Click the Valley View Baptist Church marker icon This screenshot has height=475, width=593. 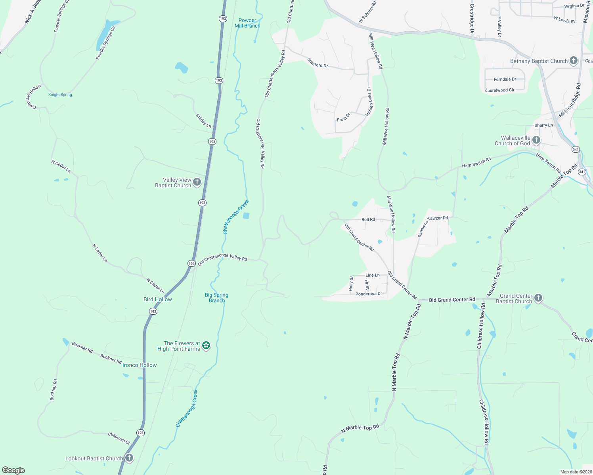coord(197,182)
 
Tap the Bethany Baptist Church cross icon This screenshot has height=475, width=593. coord(573,61)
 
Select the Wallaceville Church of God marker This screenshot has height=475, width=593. coord(536,140)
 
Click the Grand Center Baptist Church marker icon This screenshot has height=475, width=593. coord(538,298)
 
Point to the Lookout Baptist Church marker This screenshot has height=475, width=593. coord(129,458)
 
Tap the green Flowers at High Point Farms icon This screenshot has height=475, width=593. coord(206,346)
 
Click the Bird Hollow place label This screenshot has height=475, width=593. coord(158,299)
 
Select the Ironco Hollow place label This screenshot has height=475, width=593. coord(140,365)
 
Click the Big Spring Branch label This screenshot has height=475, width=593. coord(216,298)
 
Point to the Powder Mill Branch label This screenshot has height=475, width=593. coord(247,23)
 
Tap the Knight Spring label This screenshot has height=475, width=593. coord(60,95)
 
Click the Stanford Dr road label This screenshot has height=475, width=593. coord(318,63)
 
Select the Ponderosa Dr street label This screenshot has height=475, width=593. coord(369,294)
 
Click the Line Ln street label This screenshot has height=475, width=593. coord(372,275)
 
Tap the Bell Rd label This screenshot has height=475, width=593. coord(368,219)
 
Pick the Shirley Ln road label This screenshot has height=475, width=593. coord(204,120)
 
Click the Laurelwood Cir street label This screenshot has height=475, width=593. coord(500,90)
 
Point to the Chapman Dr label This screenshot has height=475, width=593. coord(119,437)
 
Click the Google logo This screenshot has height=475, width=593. coord(13,470)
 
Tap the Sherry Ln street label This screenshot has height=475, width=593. coord(543,125)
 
